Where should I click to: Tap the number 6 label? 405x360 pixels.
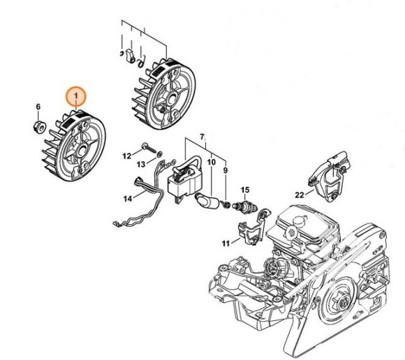39,107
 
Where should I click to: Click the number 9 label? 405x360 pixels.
225,170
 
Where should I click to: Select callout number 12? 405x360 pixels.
127,155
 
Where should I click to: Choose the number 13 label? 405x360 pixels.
140,164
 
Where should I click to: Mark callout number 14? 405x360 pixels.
127,198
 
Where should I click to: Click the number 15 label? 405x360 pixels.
245,190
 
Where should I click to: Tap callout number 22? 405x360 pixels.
299,195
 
